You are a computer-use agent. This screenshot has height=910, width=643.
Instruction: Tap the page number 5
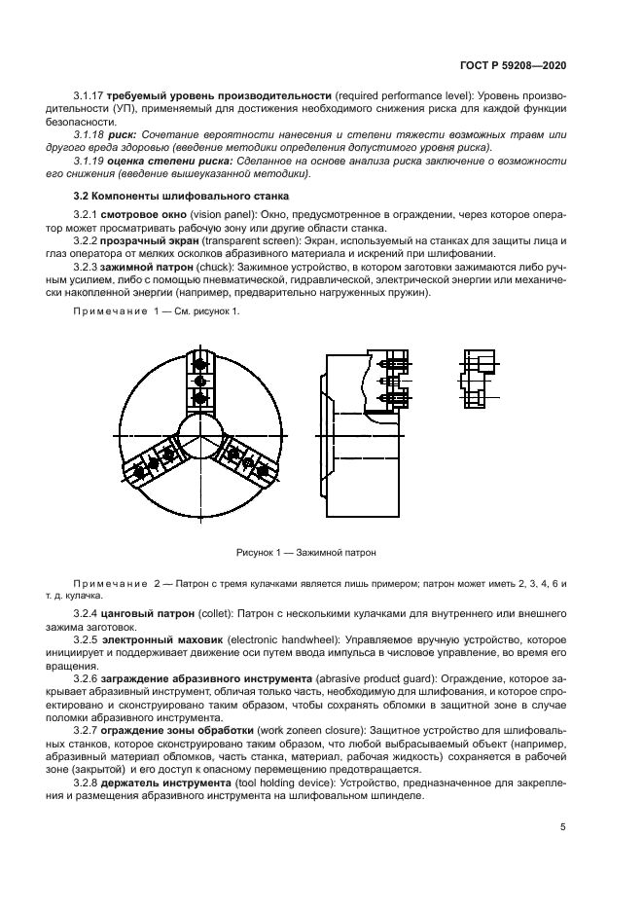pos(563,827)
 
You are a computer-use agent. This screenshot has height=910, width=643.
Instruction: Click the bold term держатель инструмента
pos(169,779)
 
